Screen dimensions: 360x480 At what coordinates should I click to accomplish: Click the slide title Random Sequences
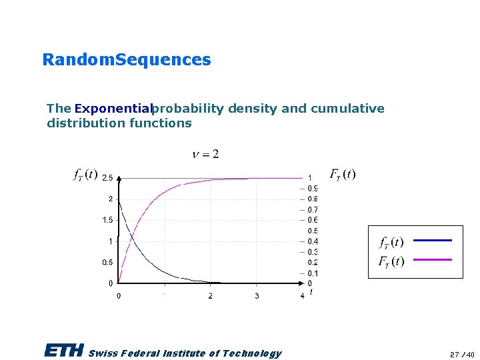126,60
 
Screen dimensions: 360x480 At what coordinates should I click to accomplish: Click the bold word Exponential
114,109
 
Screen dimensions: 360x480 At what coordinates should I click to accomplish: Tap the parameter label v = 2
205,155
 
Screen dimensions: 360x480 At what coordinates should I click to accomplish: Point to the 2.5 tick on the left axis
107,178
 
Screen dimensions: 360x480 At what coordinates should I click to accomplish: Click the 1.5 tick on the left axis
107,220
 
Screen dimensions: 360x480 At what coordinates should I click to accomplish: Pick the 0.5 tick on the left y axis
107,262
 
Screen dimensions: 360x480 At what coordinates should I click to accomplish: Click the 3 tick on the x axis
257,295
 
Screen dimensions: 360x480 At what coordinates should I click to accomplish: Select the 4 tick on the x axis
302,295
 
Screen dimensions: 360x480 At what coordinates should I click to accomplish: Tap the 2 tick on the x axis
211,295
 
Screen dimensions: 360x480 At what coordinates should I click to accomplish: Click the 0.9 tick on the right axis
312,189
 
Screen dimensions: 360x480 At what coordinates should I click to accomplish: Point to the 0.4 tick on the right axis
312,241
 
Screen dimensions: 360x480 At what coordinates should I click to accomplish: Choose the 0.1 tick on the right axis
312,273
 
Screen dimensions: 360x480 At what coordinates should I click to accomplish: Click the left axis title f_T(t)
85,175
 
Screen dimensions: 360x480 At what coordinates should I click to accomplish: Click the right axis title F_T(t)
343,175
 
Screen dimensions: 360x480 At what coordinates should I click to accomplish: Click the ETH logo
64,351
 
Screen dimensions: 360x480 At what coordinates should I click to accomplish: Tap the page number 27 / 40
461,354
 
